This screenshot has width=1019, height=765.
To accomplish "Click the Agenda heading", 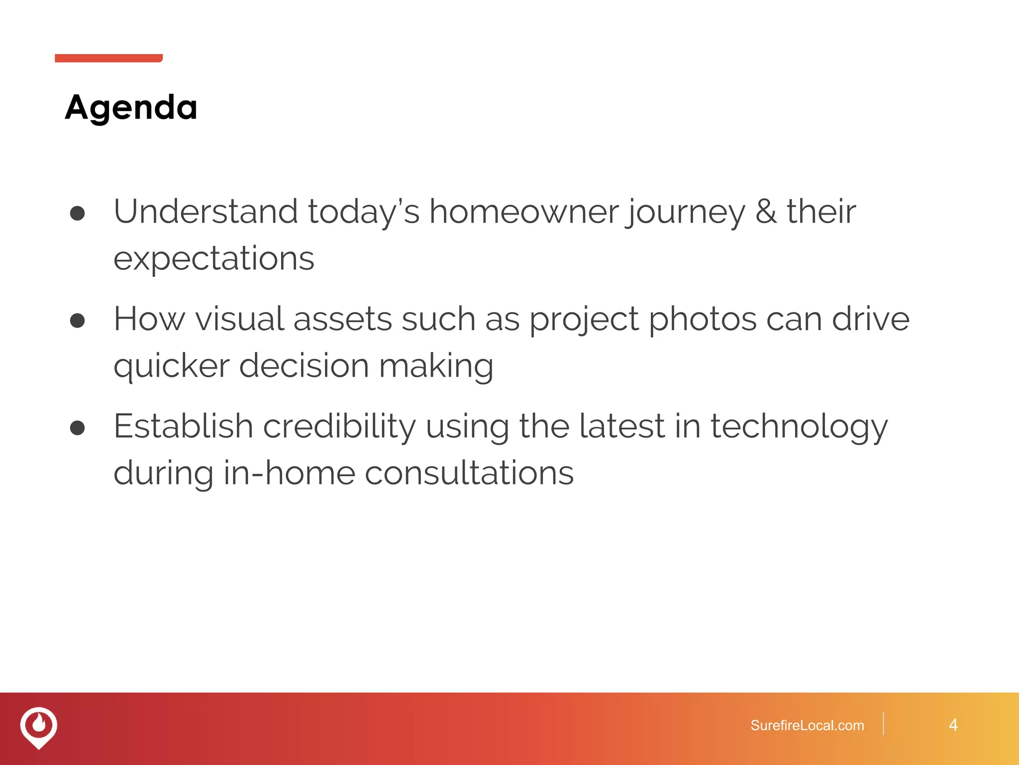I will [x=131, y=108].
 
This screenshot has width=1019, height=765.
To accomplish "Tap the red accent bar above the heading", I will [x=108, y=58].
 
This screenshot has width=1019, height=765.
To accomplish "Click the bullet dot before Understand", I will [x=78, y=213].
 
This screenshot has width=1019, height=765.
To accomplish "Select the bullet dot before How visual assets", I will [x=78, y=320].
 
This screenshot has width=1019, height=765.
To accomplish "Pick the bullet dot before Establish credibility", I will [x=78, y=427].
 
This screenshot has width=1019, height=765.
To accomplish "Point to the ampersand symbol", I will [x=765, y=211].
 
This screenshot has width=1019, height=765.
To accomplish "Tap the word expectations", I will [x=214, y=259].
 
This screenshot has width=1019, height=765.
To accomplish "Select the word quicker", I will [x=171, y=367].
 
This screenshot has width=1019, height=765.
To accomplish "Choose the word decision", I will [x=304, y=366].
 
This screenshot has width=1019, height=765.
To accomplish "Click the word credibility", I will [x=339, y=426].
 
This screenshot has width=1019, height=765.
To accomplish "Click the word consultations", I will [x=469, y=473].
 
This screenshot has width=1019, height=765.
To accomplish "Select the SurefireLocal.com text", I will [x=807, y=725].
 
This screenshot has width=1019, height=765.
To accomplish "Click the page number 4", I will [x=953, y=725].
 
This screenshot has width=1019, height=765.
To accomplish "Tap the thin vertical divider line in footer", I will [x=883, y=724].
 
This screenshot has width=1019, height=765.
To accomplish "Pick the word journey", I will [x=686, y=212].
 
